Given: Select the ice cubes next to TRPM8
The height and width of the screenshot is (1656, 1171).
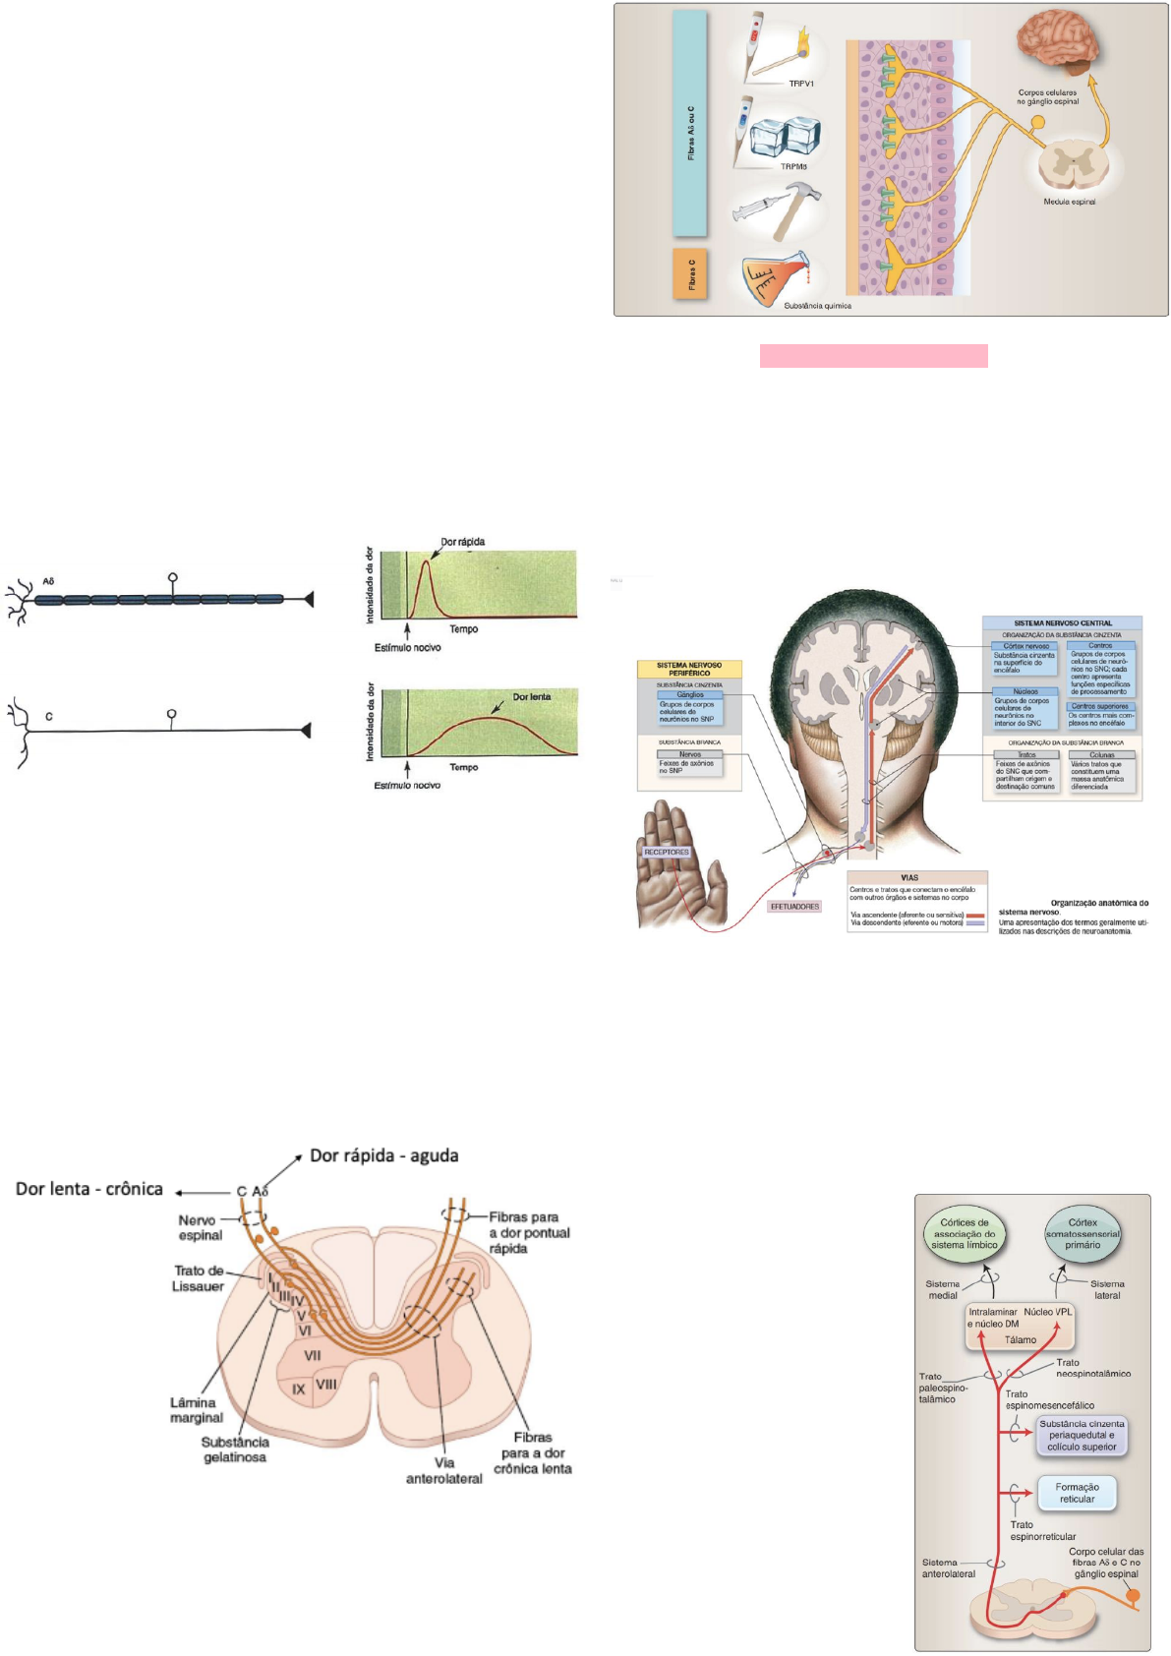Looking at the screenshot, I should click(786, 136).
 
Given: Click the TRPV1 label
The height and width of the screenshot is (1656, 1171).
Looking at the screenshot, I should click(800, 84).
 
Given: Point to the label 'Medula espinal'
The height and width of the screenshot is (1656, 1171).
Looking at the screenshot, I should click(1069, 202).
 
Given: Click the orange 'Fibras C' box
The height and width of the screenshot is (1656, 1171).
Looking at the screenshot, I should click(691, 272).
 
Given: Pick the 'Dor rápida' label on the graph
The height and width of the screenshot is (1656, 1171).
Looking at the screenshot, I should click(462, 542).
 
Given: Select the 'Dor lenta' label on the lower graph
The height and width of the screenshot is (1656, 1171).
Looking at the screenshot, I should click(531, 696).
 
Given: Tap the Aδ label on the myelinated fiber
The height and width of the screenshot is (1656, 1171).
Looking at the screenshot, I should click(48, 581).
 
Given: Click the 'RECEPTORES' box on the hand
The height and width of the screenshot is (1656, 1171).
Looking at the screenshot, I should click(666, 852).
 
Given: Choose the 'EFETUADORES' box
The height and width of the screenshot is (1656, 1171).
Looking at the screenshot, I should click(794, 906).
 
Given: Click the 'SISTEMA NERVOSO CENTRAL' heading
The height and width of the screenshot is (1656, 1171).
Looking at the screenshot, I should click(1062, 623).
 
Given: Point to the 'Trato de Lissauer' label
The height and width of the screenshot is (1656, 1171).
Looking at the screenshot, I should click(200, 1278).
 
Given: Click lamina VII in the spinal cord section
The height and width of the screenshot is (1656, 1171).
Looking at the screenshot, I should click(313, 1355).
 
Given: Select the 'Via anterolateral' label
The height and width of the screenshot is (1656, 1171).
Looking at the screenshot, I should click(444, 1470).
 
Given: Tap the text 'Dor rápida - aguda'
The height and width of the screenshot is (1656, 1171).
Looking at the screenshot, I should click(384, 1155).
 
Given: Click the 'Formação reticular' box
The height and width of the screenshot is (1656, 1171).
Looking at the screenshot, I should click(1077, 1493).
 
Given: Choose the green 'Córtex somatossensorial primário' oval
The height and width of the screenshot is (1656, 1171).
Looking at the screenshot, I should click(1082, 1233).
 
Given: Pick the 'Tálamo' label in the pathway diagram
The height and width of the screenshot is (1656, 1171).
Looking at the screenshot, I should click(1020, 1339).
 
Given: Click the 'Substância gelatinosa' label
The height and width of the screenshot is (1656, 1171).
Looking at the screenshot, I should click(234, 1449).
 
